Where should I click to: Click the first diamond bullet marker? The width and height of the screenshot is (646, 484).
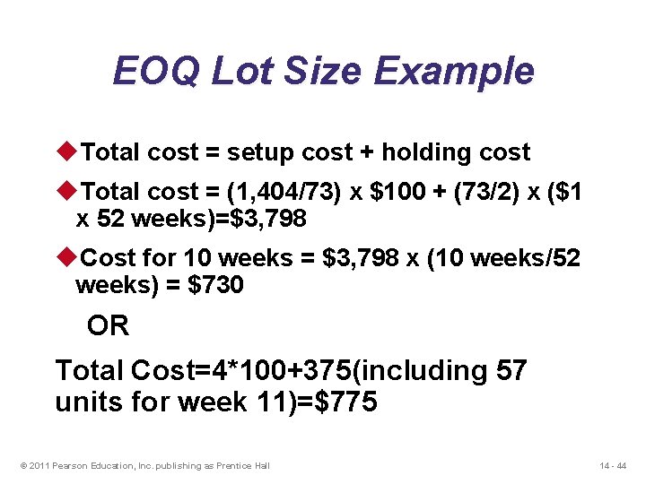pyautogui.click(x=69, y=152)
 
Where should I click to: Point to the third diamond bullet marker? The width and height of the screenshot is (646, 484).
pyautogui.click(x=69, y=258)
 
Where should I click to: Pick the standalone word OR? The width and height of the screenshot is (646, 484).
pyautogui.click(x=108, y=326)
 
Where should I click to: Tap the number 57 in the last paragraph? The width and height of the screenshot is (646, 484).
pyautogui.click(x=511, y=369)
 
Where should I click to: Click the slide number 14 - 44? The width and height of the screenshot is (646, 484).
pyautogui.click(x=614, y=465)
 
